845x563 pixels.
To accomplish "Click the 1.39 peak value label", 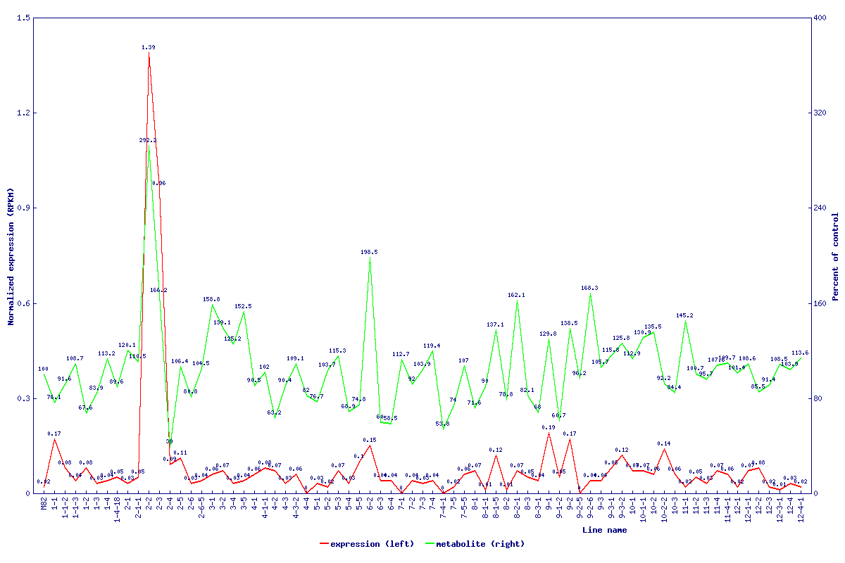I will (x=149, y=47).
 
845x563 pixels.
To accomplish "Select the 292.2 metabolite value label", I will (x=148, y=141).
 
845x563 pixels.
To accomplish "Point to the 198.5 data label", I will (x=369, y=252).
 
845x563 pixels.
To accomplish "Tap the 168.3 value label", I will (x=589, y=288).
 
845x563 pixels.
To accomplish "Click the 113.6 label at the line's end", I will (x=800, y=353).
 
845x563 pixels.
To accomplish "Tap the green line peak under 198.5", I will (x=370, y=258).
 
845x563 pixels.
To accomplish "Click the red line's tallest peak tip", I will (x=149, y=53).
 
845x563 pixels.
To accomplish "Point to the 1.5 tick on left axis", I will (x=23, y=18).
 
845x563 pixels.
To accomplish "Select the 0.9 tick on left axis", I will (x=23, y=208).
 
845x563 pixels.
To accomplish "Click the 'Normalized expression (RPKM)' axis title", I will (x=11, y=257).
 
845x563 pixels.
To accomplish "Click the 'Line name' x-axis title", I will (x=604, y=530).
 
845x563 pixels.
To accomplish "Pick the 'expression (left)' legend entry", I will (x=359, y=544).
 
